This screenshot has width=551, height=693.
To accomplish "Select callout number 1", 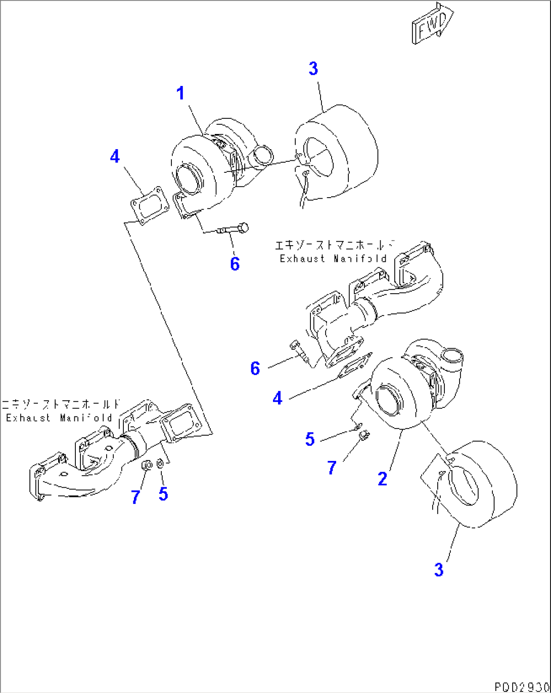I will coord(180,94).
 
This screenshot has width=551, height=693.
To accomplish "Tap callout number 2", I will coord(383,478).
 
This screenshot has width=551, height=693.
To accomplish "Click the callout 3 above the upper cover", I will coord(313,69).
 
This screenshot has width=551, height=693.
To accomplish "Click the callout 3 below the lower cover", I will coord(439,570).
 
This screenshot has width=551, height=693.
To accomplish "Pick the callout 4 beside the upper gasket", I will coord(115,156).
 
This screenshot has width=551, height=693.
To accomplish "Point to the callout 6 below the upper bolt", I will coord(235,263).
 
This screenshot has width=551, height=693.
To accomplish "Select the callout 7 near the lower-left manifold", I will coord(135,497).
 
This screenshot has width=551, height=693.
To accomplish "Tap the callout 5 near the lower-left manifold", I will coord(163,494).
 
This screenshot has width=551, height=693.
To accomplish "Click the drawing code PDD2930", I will coord(521,687).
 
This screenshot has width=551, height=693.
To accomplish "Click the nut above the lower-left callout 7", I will coord(147,465).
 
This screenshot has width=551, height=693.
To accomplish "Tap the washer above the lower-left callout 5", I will coord(160,464).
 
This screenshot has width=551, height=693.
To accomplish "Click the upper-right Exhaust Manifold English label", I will coord(333,258).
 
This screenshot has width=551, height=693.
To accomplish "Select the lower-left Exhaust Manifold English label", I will coord(59,418).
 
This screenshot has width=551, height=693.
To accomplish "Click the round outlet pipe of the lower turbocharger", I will coord(453,358).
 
